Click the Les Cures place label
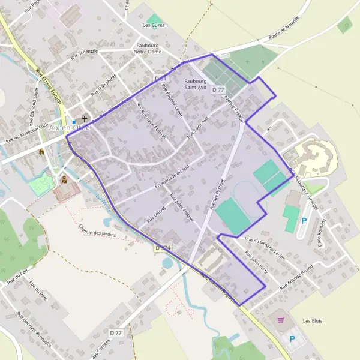pos(154,25)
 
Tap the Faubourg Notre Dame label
pos(148,49)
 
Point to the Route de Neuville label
pos(283,34)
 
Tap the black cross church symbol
pos(85,119)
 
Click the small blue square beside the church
pos(74,121)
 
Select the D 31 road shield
pos(160,79)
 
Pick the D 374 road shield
pos(162,247)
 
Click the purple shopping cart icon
pos(280,320)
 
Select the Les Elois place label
pos(313,321)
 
